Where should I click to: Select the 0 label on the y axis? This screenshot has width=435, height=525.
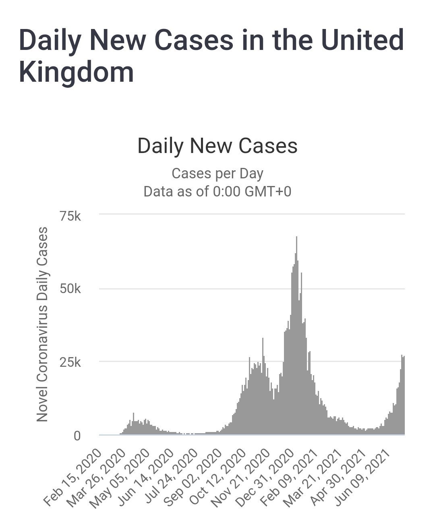[x=77, y=436]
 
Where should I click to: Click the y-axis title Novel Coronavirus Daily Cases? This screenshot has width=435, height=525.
[x=42, y=324]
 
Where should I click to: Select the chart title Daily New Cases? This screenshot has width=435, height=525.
[x=217, y=146]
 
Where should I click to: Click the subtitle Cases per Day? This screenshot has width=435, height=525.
[x=217, y=174]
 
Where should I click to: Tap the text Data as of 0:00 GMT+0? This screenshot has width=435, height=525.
[x=217, y=191]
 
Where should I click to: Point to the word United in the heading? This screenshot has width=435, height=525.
[x=359, y=40]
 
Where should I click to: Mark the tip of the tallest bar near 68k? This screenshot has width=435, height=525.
[x=297, y=237]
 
